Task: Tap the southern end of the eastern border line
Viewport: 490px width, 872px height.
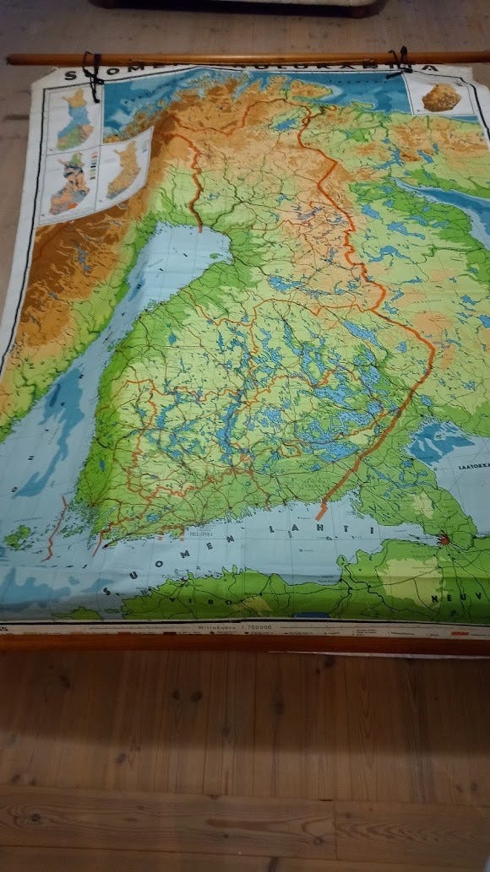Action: coord(320,514)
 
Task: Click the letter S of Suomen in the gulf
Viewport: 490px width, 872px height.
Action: coord(106,589)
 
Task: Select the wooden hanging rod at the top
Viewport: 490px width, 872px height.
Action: coord(245,58)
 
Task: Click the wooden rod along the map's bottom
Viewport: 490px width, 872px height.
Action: coord(245,643)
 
